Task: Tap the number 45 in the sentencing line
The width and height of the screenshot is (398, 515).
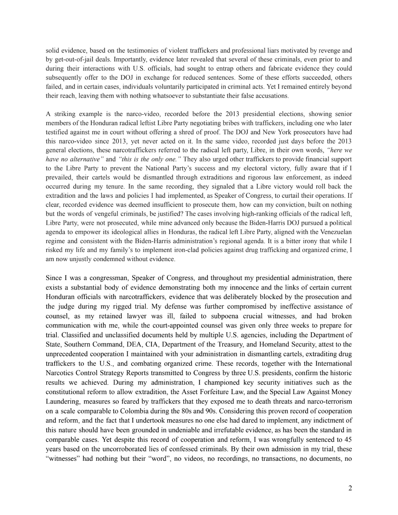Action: click(348, 439)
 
